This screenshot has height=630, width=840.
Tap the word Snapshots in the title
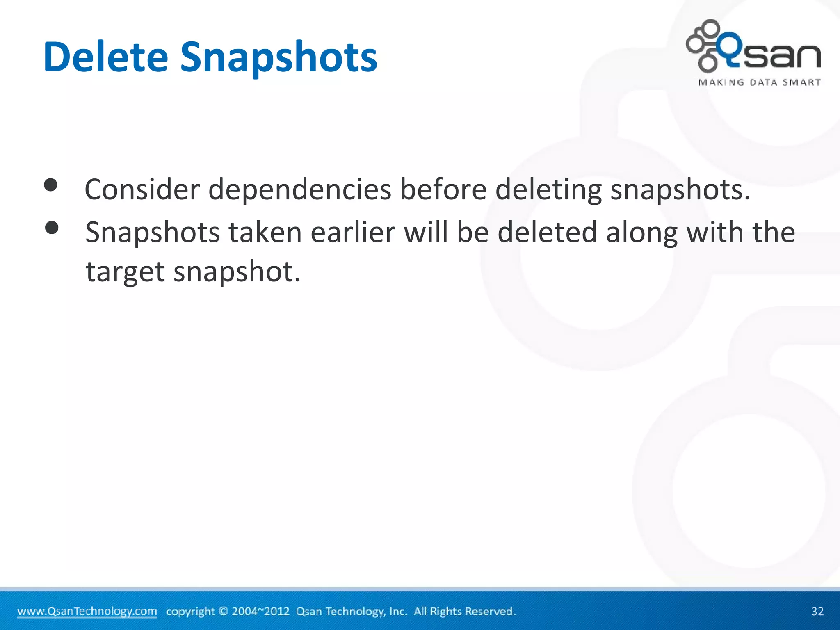(x=278, y=57)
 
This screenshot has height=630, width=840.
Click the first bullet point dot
(x=50, y=185)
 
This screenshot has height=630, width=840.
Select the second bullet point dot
(x=52, y=228)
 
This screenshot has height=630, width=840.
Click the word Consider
(x=142, y=190)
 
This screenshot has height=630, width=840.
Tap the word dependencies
(x=299, y=190)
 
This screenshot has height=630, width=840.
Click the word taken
(x=265, y=233)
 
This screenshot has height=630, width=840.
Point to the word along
(x=641, y=233)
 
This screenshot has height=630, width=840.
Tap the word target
(x=125, y=272)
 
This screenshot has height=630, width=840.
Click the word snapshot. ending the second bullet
(x=237, y=272)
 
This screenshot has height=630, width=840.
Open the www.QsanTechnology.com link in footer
(x=87, y=611)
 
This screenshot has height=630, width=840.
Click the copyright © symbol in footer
(x=223, y=611)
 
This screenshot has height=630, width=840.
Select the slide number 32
(x=817, y=611)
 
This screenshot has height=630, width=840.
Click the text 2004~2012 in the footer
(x=260, y=611)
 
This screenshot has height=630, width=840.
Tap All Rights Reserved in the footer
(x=464, y=611)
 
